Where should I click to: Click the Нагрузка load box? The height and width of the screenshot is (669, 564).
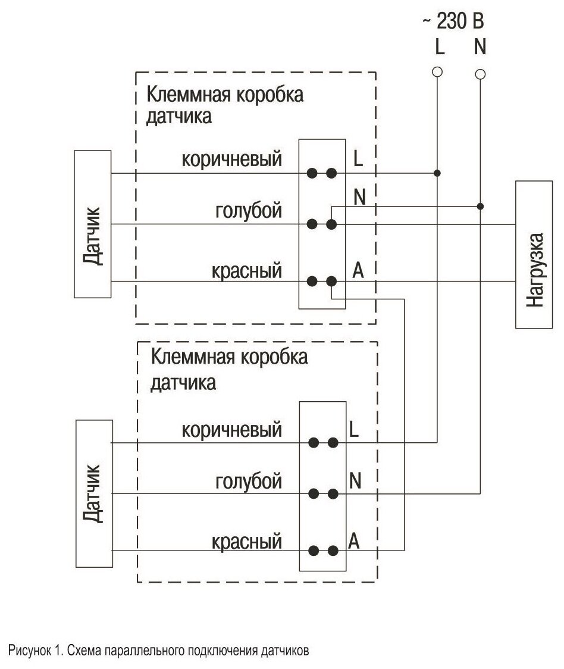(535, 255)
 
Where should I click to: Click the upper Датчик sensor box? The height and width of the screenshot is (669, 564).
(93, 224)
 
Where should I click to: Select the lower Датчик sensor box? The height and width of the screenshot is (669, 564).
(94, 493)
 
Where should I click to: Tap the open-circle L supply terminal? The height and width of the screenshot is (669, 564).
(437, 72)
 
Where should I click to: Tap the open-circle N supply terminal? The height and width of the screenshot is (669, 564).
(480, 74)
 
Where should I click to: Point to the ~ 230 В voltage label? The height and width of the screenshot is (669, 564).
(453, 22)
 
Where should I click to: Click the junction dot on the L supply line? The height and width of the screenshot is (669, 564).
(437, 173)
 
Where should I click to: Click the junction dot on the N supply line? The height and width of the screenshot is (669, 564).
(480, 206)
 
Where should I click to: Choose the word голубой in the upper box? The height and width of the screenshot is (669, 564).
(248, 211)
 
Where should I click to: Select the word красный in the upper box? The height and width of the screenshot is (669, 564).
(246, 272)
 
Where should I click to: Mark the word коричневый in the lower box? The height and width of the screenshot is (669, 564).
(231, 430)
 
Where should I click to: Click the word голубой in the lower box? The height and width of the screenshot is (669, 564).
(248, 481)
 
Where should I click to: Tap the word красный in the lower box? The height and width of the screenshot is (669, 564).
(246, 542)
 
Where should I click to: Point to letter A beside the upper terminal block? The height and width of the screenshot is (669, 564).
(358, 270)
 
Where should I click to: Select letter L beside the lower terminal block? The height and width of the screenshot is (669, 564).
(355, 430)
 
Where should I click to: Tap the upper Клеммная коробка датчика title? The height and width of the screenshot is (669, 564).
(225, 105)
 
